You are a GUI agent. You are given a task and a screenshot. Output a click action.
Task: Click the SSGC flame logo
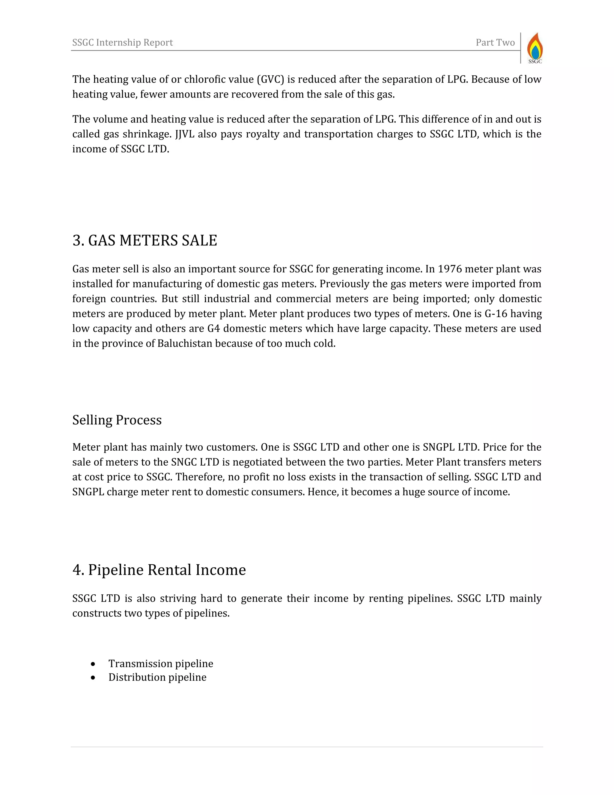click(x=535, y=48)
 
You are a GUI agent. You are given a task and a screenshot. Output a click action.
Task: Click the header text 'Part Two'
click(x=495, y=43)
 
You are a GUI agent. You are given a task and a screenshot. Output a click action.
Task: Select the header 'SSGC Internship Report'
click(x=123, y=43)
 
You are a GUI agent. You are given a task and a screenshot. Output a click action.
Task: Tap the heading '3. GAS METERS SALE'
click(x=145, y=241)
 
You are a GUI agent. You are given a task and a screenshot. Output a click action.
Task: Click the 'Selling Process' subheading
click(x=117, y=420)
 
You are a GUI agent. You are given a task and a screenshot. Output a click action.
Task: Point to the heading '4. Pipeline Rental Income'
click(x=159, y=570)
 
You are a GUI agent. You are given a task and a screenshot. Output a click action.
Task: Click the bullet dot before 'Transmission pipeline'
click(x=94, y=664)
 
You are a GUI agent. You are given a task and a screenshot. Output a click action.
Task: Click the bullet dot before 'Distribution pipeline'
click(x=94, y=678)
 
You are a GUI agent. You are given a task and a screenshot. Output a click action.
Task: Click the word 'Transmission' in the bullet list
click(x=140, y=664)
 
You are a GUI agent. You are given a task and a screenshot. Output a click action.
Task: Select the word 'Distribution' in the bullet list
click(x=137, y=678)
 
